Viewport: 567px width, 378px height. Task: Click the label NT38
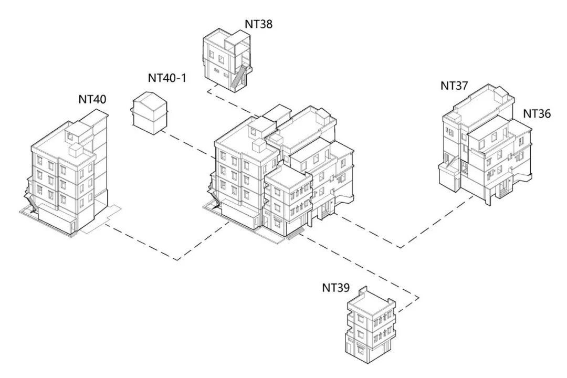coord(258,24)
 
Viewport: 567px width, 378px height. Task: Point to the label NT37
coord(454,86)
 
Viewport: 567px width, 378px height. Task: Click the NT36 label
coord(537,113)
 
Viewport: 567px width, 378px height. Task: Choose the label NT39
coord(336,288)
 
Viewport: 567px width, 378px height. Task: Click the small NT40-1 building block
coord(149,112)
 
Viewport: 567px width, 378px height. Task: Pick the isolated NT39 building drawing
coord(370,325)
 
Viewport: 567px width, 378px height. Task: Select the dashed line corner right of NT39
coord(418,298)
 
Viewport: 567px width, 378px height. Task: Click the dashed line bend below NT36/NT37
coord(400,247)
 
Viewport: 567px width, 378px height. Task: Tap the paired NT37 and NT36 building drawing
coord(486,147)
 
